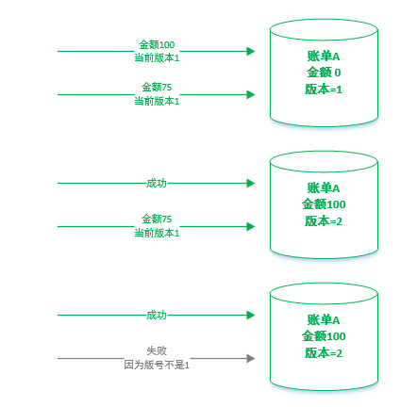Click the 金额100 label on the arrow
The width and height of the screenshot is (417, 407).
[157, 44]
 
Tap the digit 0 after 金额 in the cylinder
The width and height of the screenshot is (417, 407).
[338, 73]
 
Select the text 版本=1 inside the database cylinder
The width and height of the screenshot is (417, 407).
[324, 90]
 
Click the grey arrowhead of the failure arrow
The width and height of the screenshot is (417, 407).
[251, 358]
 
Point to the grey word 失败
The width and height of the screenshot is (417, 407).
[157, 350]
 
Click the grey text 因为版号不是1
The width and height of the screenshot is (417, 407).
[157, 365]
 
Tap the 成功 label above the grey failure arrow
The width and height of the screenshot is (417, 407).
[157, 315]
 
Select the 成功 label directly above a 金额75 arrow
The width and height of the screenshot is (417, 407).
[157, 183]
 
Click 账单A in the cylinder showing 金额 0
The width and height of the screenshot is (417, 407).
[324, 57]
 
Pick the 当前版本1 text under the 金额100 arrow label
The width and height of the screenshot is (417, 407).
[157, 57]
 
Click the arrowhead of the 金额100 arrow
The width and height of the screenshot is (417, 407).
[251, 51]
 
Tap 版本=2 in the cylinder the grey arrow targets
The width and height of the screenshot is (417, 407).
[324, 353]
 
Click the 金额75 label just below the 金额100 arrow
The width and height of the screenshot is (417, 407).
[157, 87]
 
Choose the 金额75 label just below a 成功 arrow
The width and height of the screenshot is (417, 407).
[157, 219]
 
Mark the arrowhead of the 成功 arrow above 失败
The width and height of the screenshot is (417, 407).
[251, 315]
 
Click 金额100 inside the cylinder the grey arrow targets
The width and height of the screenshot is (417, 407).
[324, 336]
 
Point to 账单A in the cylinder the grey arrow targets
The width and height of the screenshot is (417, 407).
[324, 320]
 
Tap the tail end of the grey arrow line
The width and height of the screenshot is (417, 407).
[58, 358]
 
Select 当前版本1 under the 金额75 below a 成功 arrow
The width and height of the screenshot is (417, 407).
[157, 233]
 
